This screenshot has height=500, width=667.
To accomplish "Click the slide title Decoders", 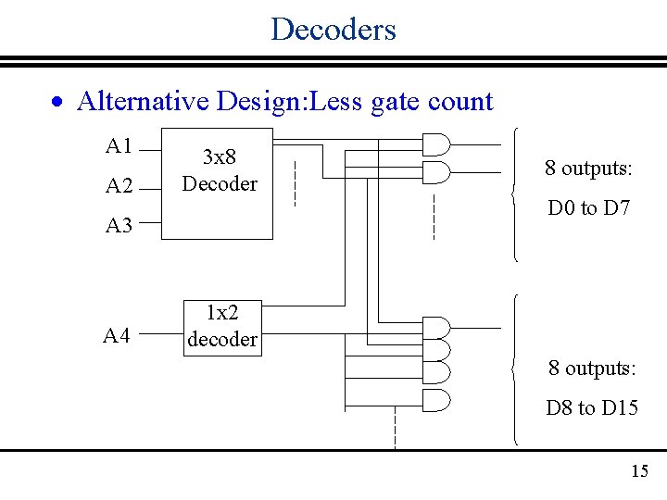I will (333, 29).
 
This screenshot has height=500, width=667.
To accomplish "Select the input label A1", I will (120, 145).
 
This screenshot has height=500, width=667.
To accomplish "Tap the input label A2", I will (120, 186).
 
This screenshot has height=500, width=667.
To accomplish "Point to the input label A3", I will (120, 225).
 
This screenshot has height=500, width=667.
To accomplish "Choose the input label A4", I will (117, 335).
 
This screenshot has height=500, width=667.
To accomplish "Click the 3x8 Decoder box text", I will (220, 170).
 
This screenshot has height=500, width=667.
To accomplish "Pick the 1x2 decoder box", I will (221, 326).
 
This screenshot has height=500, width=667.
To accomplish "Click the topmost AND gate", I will (435, 144).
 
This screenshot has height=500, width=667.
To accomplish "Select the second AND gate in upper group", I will (435, 171).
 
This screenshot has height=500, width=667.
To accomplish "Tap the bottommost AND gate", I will (435, 400).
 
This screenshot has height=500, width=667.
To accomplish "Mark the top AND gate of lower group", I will (435, 328).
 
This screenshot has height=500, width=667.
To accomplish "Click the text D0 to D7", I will (589, 208).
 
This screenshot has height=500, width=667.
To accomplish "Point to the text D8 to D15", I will (592, 407).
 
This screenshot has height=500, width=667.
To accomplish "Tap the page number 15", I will (639, 471).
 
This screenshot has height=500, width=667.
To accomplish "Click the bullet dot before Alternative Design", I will (58, 102).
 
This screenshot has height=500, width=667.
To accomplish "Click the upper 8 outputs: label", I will (588, 169).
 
